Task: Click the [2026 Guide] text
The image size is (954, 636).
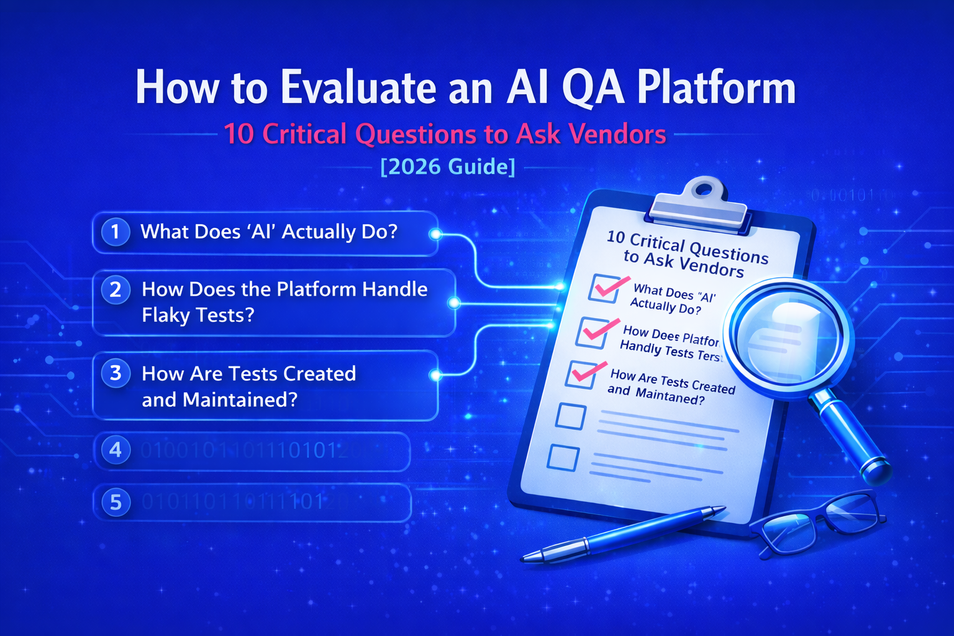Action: point(447,166)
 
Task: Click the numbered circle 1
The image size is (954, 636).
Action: point(115,232)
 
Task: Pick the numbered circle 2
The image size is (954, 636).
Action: point(116,289)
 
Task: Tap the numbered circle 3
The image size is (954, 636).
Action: point(116,373)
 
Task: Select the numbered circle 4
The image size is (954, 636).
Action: point(116,450)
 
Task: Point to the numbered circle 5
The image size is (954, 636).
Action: point(116,502)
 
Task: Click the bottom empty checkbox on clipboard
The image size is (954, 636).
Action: point(563,458)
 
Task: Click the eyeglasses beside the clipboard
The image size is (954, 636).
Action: point(820,522)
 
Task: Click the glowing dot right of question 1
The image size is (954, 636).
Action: point(435,234)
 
